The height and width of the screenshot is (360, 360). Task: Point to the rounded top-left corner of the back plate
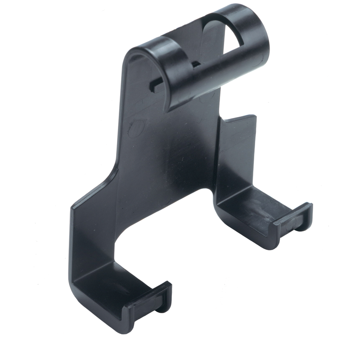tap(130, 52)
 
